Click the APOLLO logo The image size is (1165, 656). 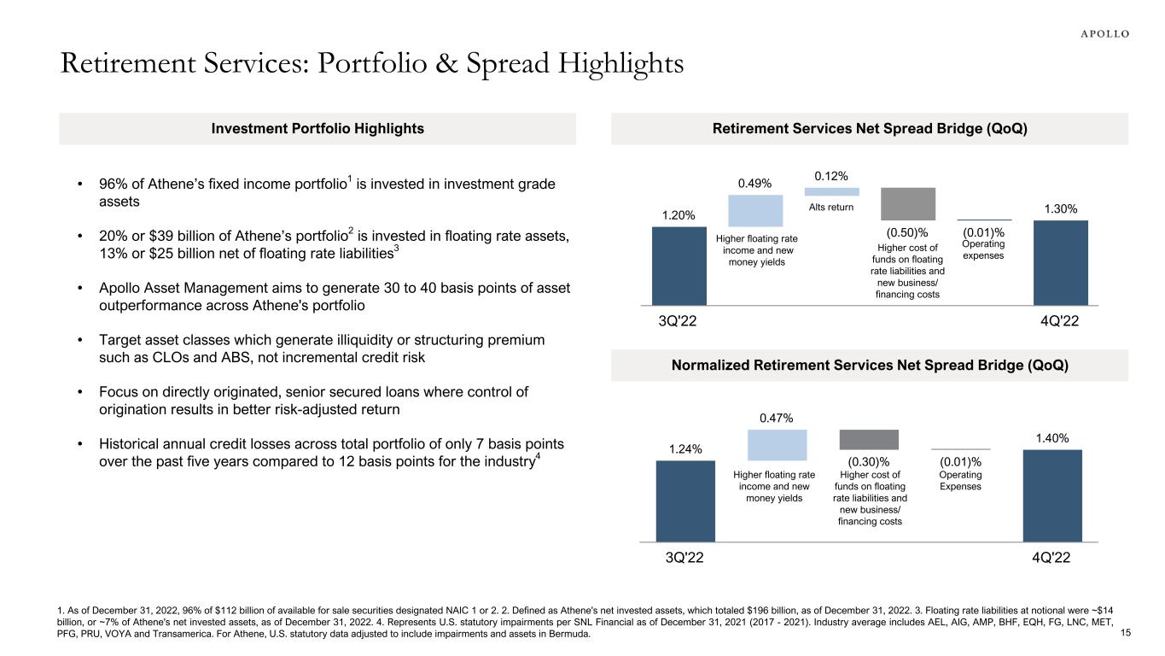[x=1099, y=34]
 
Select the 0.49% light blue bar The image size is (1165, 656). [x=755, y=210]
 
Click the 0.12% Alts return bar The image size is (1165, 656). [x=831, y=191]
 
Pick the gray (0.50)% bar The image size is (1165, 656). [x=908, y=204]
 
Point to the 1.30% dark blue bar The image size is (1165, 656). [x=1060, y=262]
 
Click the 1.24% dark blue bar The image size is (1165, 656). [x=684, y=501]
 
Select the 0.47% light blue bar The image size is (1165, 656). [x=777, y=445]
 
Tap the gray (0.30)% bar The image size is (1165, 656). [x=869, y=439]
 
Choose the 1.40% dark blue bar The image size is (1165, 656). [x=1052, y=495]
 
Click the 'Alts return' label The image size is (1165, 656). [x=831, y=208]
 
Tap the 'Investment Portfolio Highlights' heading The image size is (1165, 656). [x=317, y=129]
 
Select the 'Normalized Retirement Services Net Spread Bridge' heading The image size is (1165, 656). [x=870, y=365]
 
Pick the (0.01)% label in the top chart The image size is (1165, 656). [x=983, y=231]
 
